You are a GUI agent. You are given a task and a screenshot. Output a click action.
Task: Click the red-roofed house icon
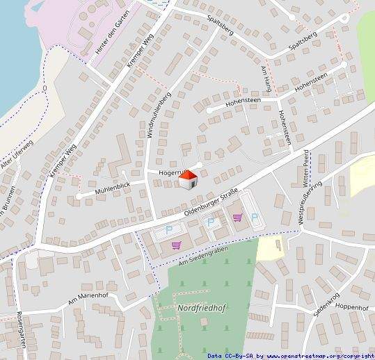click(188, 180)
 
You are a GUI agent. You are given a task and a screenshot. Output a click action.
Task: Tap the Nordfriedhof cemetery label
click(206, 306)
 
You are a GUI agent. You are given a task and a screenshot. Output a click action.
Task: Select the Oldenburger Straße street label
click(212, 202)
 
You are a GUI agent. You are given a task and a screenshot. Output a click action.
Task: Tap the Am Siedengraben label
click(203, 256)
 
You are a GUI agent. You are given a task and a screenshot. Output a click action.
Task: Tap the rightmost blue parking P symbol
click(255, 217)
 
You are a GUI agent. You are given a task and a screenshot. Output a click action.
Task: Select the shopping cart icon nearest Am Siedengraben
click(176, 245)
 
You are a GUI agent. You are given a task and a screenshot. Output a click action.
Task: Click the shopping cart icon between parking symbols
click(237, 217)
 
